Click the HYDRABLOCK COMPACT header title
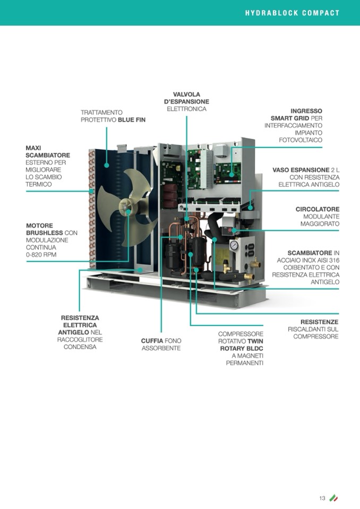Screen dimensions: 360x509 pyautogui.click(x=292, y=13)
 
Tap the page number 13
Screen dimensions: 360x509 pyautogui.click(x=322, y=498)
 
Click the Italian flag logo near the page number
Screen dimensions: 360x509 pyautogui.click(x=333, y=498)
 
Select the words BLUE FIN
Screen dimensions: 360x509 pyautogui.click(x=132, y=120)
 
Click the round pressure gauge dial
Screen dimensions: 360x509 pyautogui.click(x=234, y=245)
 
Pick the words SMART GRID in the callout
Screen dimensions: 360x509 pyautogui.click(x=290, y=118)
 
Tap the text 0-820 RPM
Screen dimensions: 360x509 pyautogui.click(x=41, y=255)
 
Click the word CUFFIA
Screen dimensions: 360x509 pyautogui.click(x=152, y=341)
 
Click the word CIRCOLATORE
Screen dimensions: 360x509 pyautogui.click(x=318, y=209)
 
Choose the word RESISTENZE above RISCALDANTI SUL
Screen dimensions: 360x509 pyautogui.click(x=320, y=322)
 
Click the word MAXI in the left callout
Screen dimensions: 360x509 pyautogui.click(x=33, y=148)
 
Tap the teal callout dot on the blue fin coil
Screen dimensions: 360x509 pyautogui.click(x=107, y=165)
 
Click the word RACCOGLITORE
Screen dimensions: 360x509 pyautogui.click(x=80, y=340)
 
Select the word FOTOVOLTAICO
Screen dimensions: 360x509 pyautogui.click(x=301, y=140)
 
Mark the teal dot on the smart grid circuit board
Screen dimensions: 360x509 pyautogui.click(x=232, y=175)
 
